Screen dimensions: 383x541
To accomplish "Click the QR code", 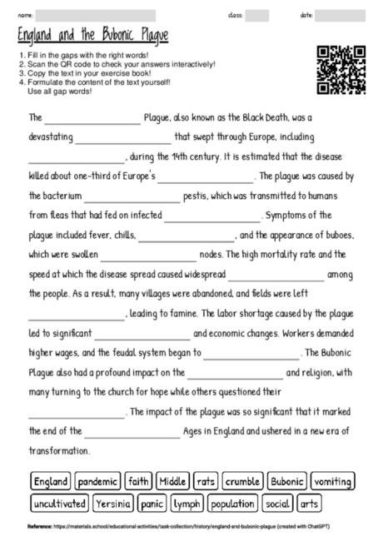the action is (x=341, y=70).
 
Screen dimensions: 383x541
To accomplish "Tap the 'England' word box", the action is (x=51, y=481).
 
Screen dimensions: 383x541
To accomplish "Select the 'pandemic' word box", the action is (x=98, y=481).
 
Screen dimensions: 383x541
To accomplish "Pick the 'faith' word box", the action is (x=138, y=481).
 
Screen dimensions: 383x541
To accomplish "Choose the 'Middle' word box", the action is (x=172, y=481).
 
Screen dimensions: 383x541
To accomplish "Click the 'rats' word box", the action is (x=205, y=481).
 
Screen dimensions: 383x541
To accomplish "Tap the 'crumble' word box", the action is (x=242, y=481).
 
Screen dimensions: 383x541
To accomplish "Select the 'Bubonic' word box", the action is (x=287, y=481).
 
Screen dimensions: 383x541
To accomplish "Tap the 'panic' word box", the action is (x=152, y=504).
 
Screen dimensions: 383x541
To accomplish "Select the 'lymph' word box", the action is (x=187, y=504).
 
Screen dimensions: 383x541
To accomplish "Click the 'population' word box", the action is (x=232, y=504).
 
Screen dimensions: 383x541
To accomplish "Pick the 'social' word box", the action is (x=277, y=504).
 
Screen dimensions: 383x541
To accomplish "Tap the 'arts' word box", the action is (x=309, y=504).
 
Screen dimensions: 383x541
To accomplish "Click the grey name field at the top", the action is (x=96, y=15).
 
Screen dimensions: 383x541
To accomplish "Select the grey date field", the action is (x=340, y=15).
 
